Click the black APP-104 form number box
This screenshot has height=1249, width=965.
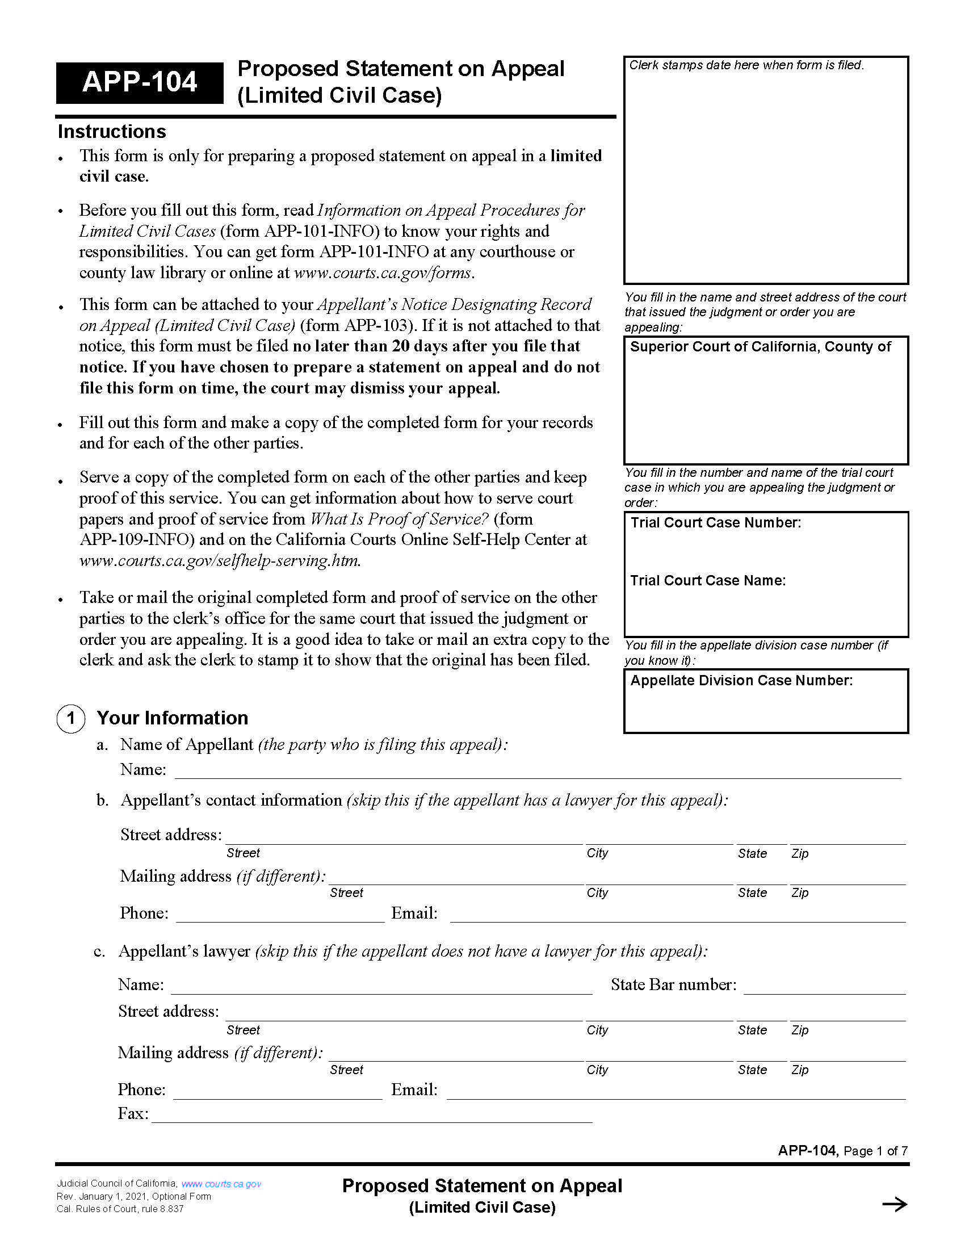tap(139, 82)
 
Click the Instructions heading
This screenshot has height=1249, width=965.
tap(112, 132)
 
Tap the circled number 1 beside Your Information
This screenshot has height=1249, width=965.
tap(71, 718)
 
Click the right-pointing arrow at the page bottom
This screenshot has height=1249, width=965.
tap(894, 1204)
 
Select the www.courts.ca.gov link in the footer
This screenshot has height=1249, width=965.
tap(221, 1184)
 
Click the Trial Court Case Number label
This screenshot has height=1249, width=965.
tap(715, 523)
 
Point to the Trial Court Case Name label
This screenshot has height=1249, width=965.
tap(708, 580)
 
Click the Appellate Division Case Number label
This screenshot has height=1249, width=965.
tap(741, 681)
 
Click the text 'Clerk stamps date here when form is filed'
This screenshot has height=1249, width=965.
tap(746, 65)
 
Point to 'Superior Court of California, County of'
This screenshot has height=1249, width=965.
tap(760, 346)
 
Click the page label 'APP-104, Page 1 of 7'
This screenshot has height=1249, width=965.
tap(842, 1151)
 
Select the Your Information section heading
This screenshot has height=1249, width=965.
tap(172, 718)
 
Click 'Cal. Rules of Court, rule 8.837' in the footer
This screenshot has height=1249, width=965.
tap(120, 1209)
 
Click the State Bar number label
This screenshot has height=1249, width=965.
tap(673, 985)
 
